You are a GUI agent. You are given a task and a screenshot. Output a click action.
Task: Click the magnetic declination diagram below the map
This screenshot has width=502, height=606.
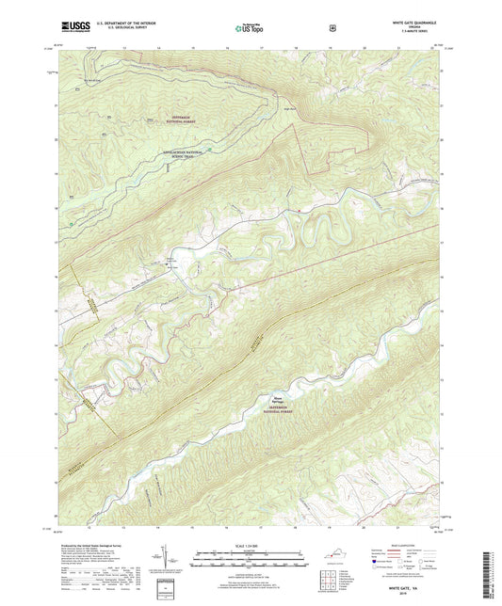coord(181,559)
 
